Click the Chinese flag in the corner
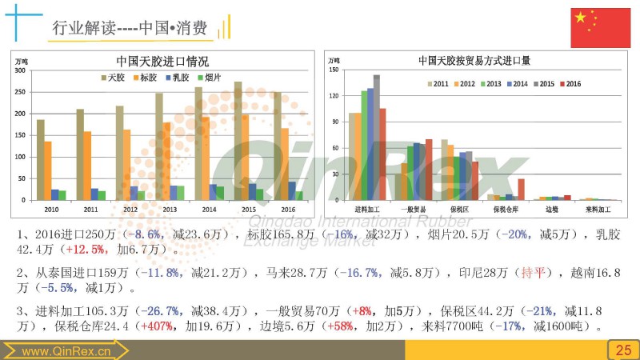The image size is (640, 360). point(600,28)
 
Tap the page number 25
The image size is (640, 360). point(622,350)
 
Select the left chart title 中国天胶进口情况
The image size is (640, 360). point(162,61)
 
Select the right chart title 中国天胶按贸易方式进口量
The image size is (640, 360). point(474,61)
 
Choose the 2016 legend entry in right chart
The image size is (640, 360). point(569,83)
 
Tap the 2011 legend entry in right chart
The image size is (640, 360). point(441,83)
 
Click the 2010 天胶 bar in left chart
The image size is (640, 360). point(41,159)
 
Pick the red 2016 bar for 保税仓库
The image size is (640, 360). point(522,189)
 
